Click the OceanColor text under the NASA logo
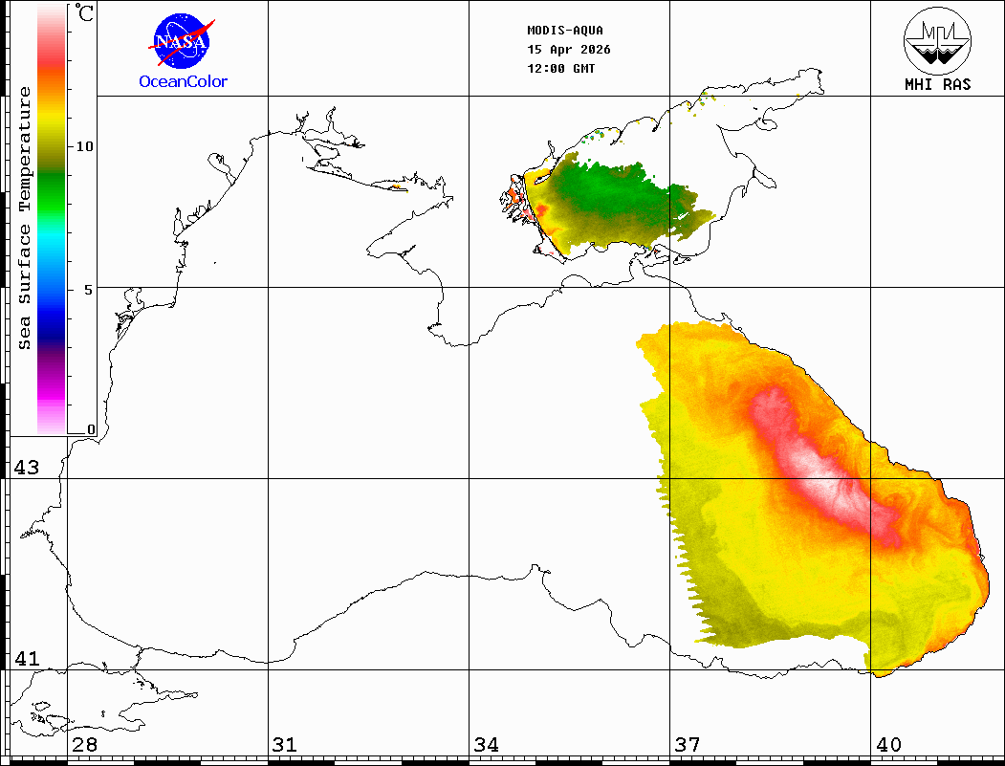point(184,81)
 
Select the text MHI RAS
point(937,84)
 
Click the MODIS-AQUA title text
point(565,30)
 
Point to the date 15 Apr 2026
point(569,50)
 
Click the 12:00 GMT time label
point(562,69)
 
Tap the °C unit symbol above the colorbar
point(85,13)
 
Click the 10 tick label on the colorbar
point(85,146)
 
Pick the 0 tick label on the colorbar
point(91,429)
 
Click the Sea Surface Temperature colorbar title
point(25,218)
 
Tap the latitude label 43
point(26,468)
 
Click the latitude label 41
point(26,659)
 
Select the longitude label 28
point(84,744)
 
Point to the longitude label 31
point(284,744)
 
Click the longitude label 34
point(486,744)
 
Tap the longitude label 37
point(687,744)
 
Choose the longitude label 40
point(888,744)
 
